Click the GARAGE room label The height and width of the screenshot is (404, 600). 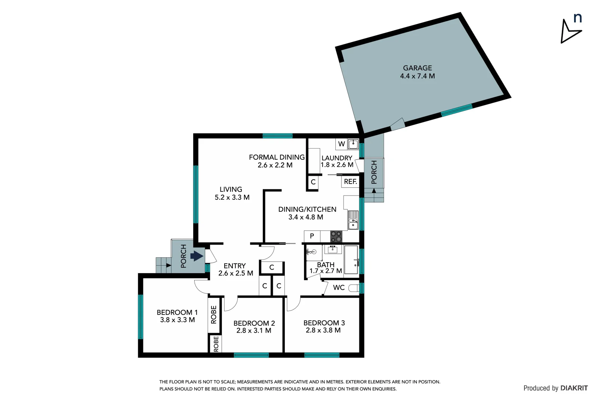(417, 68)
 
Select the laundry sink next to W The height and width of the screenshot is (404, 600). (353, 144)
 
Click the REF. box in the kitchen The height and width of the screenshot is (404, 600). (350, 182)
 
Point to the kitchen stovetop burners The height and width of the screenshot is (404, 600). (336, 236)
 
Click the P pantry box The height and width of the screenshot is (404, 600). (312, 236)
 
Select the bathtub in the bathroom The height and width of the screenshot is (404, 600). (351, 260)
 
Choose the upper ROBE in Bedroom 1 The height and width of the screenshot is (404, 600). (214, 315)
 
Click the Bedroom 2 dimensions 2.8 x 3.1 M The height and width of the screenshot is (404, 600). (254, 331)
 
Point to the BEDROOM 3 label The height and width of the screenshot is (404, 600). (324, 323)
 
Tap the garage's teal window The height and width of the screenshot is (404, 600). (457, 110)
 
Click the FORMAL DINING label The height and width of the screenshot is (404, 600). (277, 157)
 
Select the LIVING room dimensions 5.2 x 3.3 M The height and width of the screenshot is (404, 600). (232, 198)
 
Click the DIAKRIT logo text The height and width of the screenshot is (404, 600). (574, 388)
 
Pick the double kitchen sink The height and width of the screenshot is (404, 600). (353, 220)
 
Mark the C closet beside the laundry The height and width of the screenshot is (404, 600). (313, 182)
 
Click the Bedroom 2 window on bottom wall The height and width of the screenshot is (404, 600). (251, 355)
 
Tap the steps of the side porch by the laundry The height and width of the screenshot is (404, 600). (374, 195)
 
